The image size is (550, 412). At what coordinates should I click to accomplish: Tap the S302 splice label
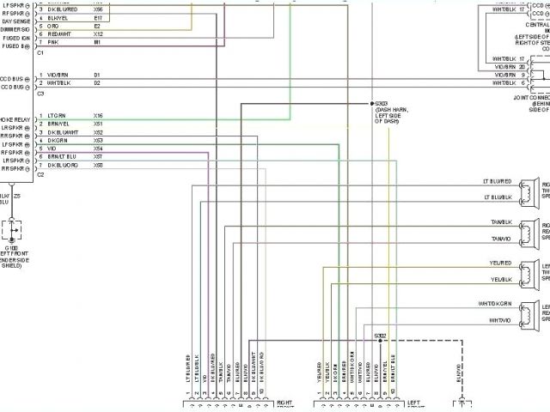380,335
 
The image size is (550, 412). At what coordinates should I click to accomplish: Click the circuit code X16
98,115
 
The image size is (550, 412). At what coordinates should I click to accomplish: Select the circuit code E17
98,17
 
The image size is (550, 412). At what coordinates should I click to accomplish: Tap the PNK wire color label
52,41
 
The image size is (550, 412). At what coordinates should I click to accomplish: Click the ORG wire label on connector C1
53,26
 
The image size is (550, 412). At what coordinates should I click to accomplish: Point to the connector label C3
40,93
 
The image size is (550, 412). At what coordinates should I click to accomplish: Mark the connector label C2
40,174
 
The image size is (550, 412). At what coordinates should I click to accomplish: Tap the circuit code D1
97,75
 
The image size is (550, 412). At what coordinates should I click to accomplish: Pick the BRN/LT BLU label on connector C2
63,157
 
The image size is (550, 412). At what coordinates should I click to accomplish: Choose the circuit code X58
98,165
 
